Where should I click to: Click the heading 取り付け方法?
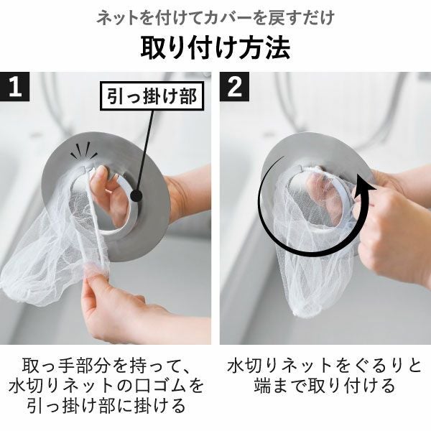coord(215,47)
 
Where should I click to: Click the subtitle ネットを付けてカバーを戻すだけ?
coord(215,16)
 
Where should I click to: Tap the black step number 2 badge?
coord(236,88)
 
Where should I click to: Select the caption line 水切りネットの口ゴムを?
coord(107,386)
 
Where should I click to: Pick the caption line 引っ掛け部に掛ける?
coord(107,407)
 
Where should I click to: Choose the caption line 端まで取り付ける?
coord(324,386)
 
